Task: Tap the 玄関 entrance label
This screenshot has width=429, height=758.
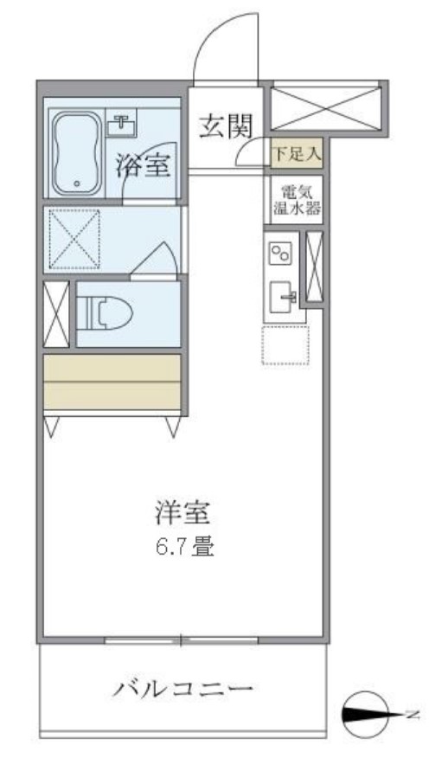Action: coord(227,127)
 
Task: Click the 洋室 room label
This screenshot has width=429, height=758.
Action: coord(182,514)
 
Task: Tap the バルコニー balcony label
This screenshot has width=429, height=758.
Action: coord(183,689)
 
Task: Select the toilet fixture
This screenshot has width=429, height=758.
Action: coord(102,312)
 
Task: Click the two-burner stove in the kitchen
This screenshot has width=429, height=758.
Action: coord(282,254)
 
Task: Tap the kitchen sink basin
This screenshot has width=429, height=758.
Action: coord(282,295)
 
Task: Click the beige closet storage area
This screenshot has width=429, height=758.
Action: coord(112,382)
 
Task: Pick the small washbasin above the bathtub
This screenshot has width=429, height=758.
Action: coord(121,123)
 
